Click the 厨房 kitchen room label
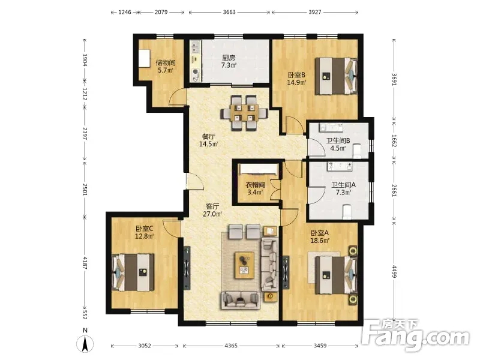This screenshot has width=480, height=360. [x=229, y=58]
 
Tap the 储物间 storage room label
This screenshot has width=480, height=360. [x=166, y=63]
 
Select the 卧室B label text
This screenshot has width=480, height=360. [x=296, y=74]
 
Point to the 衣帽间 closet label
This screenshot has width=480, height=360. [x=255, y=185]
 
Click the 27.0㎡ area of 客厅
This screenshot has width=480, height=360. [x=212, y=214]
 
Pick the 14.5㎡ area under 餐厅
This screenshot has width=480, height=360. [x=208, y=143]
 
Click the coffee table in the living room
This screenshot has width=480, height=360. [x=244, y=265]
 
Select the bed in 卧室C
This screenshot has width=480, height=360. [x=133, y=272]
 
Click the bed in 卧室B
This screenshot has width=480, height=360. [x=337, y=76]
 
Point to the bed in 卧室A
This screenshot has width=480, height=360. [x=337, y=275]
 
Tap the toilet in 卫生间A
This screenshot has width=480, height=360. [x=347, y=212]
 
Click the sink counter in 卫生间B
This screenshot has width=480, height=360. [x=331, y=127]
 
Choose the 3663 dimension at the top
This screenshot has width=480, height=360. [x=229, y=12]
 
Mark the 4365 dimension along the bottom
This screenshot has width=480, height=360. [x=231, y=346]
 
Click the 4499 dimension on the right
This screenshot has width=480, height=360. [x=395, y=272]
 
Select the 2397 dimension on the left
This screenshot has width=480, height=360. [x=85, y=133]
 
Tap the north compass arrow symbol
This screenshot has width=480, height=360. [x=85, y=343]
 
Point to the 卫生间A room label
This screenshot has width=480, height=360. [x=343, y=185]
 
